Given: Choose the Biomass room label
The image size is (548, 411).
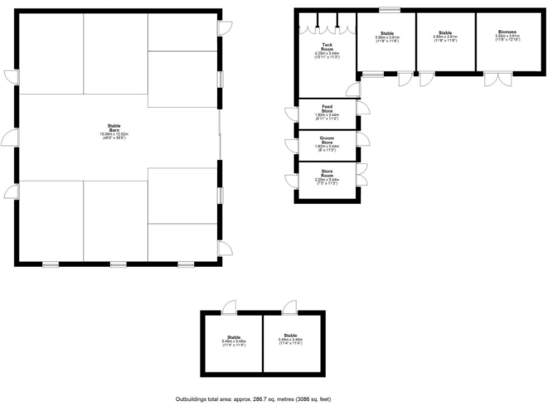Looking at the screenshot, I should click(x=507, y=33).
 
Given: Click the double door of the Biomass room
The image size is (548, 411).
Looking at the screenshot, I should click(x=492, y=78).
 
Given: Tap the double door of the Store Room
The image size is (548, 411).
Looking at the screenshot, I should click(x=362, y=171).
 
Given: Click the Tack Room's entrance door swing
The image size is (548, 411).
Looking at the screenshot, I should click(x=352, y=89).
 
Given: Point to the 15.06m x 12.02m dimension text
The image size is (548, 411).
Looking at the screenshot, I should click(x=118, y=134).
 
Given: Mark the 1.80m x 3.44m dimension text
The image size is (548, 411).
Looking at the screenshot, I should click(x=327, y=115).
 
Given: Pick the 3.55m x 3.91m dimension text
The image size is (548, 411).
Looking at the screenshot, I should click(x=507, y=36).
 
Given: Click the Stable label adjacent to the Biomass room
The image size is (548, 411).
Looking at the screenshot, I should click(x=446, y=33).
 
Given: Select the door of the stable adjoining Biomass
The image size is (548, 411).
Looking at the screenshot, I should click(x=426, y=78).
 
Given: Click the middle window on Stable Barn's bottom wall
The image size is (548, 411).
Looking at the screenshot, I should click(x=118, y=265).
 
